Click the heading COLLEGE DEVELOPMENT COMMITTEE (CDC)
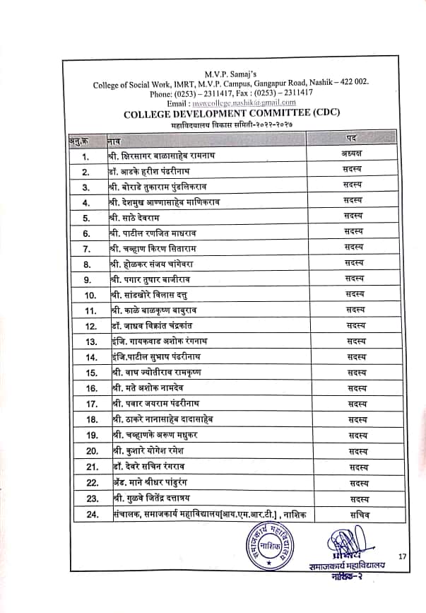(x=229, y=112)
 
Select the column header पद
(x=356, y=136)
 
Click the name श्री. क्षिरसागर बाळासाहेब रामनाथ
(x=171, y=154)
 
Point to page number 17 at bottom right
(x=403, y=557)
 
